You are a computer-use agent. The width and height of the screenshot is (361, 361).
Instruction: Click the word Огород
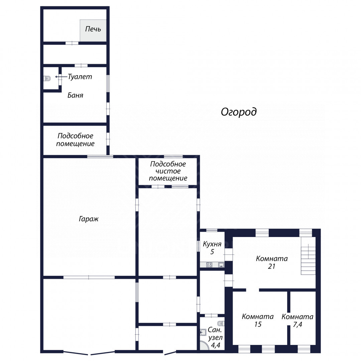(x=239, y=112)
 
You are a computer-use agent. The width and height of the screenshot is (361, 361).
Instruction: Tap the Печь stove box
(x=93, y=30)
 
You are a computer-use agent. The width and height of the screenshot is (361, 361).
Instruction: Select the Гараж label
(x=89, y=219)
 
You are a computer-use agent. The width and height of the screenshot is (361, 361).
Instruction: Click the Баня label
(x=75, y=95)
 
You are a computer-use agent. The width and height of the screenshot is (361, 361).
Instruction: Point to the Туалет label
(x=80, y=77)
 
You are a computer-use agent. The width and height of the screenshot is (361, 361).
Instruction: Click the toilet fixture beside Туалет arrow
(x=47, y=79)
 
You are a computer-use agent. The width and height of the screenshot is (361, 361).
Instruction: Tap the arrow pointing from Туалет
(x=61, y=77)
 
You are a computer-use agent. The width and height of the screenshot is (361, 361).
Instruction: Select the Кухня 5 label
(x=212, y=248)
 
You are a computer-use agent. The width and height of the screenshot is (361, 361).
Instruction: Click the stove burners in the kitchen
(x=209, y=265)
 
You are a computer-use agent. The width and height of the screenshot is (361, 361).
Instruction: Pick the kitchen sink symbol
(x=221, y=265)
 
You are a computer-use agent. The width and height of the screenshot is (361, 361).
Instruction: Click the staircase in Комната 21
(x=308, y=259)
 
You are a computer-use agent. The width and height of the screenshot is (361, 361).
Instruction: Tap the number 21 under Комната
(x=272, y=266)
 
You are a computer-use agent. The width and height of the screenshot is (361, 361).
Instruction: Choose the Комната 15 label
(x=258, y=320)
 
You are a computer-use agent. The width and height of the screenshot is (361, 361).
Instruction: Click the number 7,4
(x=297, y=325)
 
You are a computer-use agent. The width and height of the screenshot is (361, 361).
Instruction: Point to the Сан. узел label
(x=215, y=334)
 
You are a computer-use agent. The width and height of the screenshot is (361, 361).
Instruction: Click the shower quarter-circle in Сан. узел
(x=204, y=345)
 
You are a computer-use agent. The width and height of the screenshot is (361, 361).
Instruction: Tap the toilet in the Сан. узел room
(x=221, y=324)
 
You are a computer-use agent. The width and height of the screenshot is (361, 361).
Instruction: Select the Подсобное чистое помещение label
(x=168, y=171)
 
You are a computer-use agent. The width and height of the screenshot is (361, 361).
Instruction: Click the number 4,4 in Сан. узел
(x=216, y=345)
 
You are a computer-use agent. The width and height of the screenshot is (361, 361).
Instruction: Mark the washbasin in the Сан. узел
(x=203, y=332)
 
